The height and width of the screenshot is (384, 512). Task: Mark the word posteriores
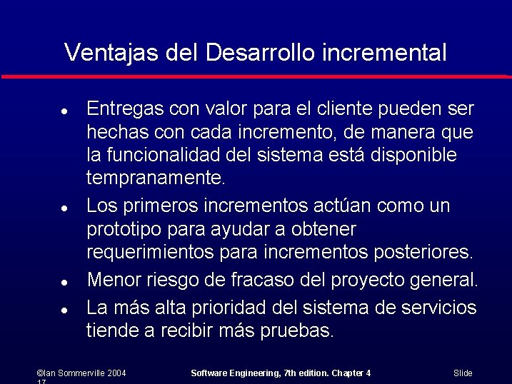(x=432, y=253)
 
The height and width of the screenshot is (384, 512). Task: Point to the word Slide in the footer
(x=463, y=373)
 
